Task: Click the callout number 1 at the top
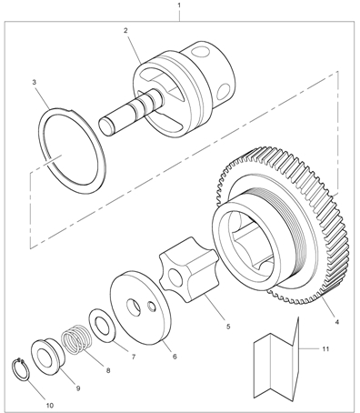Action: (x=179, y=5)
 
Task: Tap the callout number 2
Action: (x=125, y=30)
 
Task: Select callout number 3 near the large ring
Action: (x=35, y=82)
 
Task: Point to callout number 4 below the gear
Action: (x=336, y=321)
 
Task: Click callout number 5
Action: (x=228, y=327)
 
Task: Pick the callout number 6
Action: (x=175, y=357)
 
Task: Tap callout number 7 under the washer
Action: (x=134, y=357)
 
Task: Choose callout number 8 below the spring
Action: (x=108, y=370)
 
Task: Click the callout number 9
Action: (x=78, y=388)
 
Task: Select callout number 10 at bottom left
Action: (x=50, y=405)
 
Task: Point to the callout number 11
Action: (x=325, y=349)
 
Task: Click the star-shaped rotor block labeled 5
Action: (x=188, y=269)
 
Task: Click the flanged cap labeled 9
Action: (x=47, y=355)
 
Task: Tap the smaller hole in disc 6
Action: (x=152, y=307)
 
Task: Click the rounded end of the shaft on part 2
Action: (x=105, y=126)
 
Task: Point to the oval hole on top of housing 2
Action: (x=200, y=51)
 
